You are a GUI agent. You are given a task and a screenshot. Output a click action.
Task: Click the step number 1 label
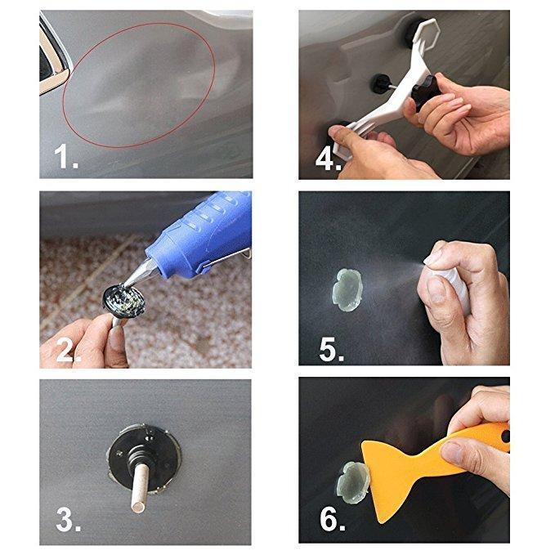(66, 156)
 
